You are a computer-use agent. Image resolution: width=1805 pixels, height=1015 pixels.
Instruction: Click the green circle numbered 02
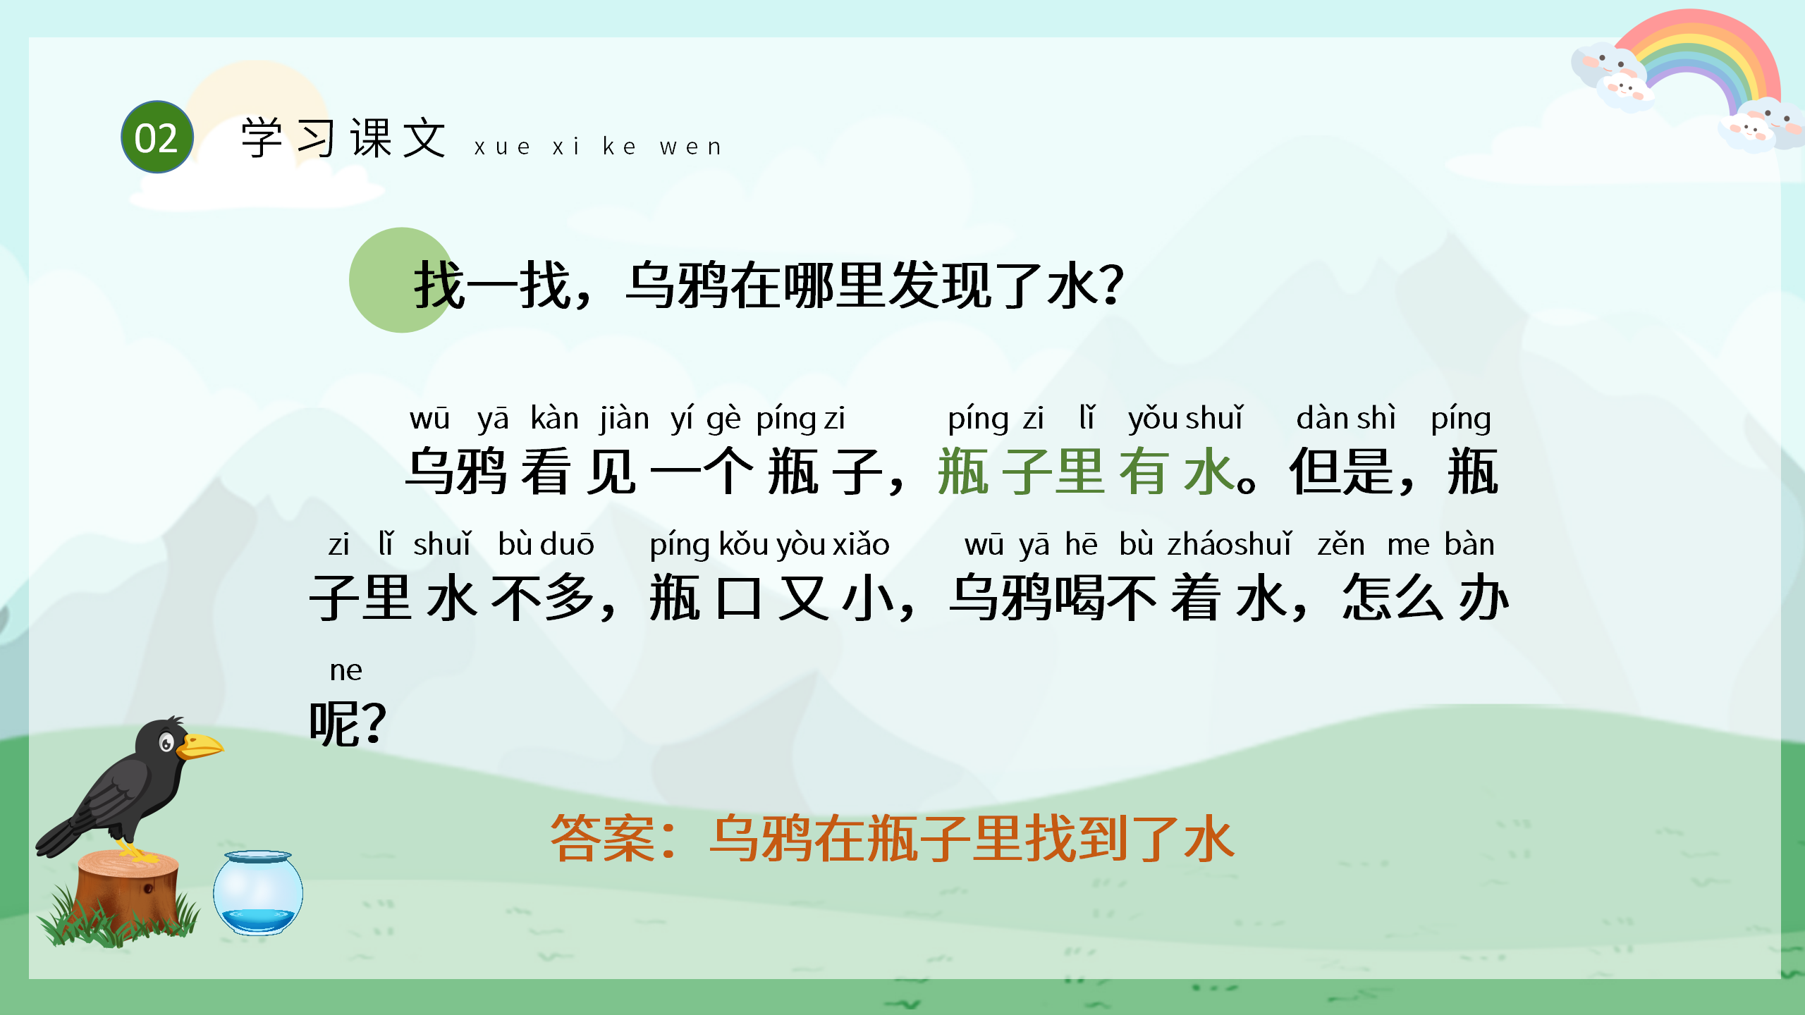pos(157,137)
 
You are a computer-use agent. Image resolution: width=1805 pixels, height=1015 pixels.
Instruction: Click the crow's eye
pos(166,742)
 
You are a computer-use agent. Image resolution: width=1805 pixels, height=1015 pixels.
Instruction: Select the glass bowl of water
pos(258,893)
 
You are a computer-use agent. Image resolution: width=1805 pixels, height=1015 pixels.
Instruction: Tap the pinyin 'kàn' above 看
pos(554,419)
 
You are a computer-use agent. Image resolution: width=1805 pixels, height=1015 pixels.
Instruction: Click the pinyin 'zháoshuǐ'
pos(1230,545)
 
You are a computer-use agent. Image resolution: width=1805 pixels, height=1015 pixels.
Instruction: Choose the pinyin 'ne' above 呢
pos(345,670)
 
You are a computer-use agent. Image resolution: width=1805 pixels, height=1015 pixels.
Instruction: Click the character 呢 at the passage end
pos(335,723)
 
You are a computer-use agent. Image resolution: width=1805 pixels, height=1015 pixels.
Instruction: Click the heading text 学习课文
pos(344,138)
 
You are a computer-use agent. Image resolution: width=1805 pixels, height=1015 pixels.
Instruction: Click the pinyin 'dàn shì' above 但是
pos(1345,419)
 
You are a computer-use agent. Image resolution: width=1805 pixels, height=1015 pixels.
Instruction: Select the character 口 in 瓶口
pos(738,598)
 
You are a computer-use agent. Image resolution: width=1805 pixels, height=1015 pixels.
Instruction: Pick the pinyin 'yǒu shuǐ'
pos(1185,419)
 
